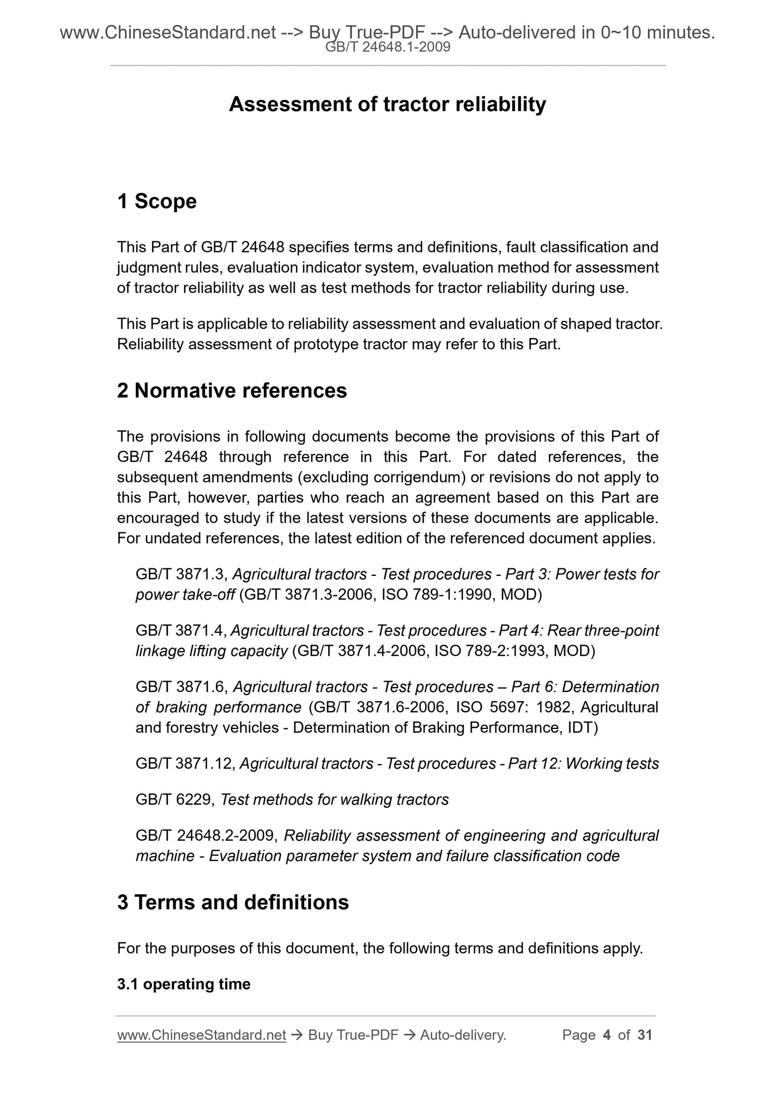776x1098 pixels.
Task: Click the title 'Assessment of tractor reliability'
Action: [387, 104]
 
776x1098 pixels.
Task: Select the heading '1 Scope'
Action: [157, 201]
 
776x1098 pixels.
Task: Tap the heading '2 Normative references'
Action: [232, 391]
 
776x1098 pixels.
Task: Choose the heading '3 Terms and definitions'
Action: [233, 902]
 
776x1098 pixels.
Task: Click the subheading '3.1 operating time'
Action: [184, 984]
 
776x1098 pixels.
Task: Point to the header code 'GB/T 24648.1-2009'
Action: [388, 48]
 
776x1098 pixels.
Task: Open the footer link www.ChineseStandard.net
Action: [201, 1035]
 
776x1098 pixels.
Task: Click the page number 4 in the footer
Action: [607, 1035]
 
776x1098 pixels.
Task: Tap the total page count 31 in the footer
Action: [644, 1035]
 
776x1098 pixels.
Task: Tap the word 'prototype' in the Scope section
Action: [326, 344]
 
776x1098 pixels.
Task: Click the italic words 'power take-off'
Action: [185, 595]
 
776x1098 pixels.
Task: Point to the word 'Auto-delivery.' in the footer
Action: [463, 1035]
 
